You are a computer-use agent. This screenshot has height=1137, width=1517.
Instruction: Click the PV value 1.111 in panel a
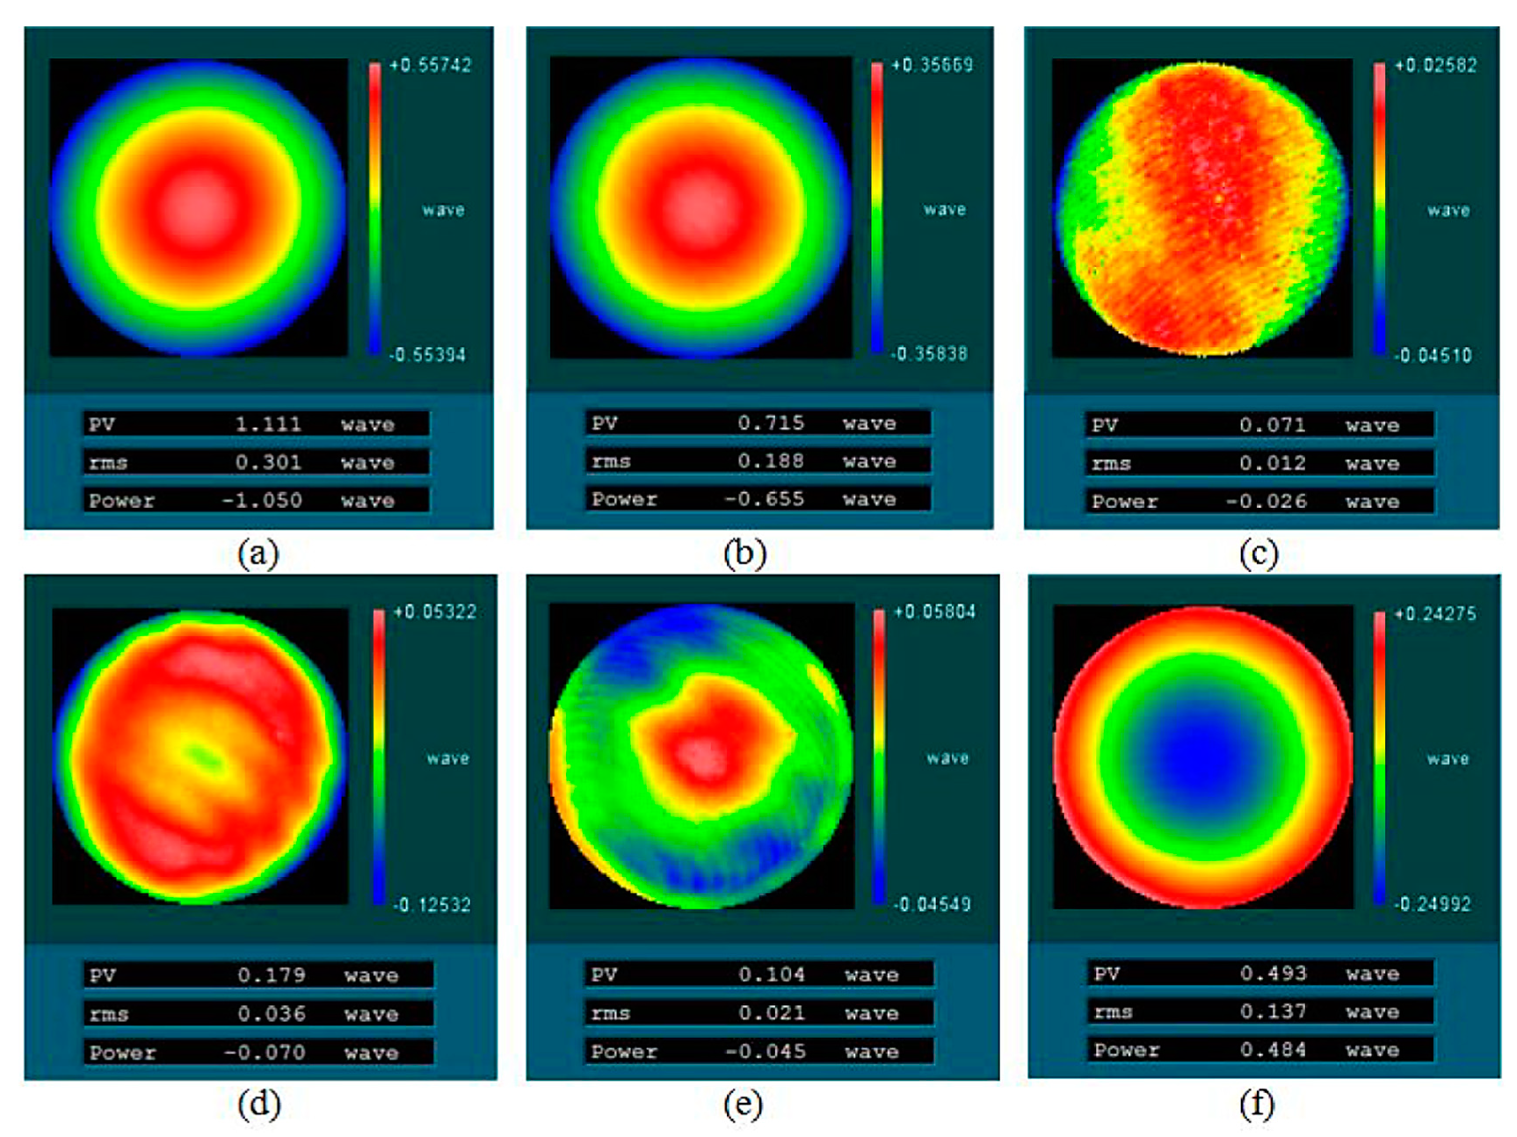click(268, 424)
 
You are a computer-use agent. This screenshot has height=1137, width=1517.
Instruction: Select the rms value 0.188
click(771, 461)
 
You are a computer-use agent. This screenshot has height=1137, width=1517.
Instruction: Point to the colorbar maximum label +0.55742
click(430, 65)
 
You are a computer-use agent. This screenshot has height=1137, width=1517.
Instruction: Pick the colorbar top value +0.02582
click(1435, 65)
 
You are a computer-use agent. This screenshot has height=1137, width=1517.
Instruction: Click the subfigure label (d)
click(258, 1104)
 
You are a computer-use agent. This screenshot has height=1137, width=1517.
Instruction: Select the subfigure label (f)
click(1257, 1104)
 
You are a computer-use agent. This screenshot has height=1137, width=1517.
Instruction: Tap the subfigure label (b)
click(744, 554)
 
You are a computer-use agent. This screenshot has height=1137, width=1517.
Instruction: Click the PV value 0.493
click(1274, 974)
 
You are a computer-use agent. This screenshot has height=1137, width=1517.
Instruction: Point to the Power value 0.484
click(1273, 1050)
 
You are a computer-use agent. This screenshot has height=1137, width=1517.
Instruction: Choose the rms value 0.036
click(272, 1014)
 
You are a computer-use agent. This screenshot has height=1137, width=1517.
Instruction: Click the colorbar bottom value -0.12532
click(431, 905)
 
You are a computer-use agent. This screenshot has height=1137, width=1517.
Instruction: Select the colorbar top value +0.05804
click(933, 612)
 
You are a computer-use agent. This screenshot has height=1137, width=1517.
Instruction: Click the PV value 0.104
click(772, 974)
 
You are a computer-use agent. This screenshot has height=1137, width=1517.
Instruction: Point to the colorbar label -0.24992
click(1432, 904)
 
